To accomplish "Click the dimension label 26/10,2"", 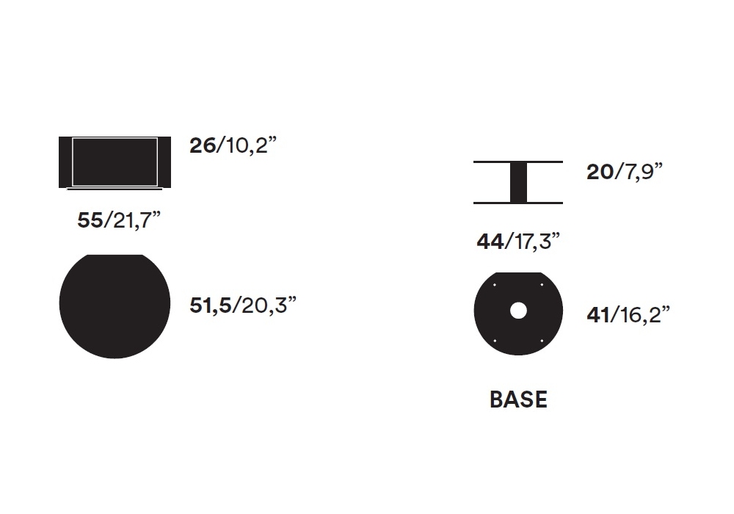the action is (x=233, y=145).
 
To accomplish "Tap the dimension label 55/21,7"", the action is (x=119, y=220).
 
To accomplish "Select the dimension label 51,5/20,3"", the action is (x=243, y=305).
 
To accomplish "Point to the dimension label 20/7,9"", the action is (x=625, y=171).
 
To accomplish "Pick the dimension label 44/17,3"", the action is (x=518, y=242).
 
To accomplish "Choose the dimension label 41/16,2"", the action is (x=628, y=314).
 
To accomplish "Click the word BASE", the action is (x=518, y=399).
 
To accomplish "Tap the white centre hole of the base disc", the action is (x=518, y=311).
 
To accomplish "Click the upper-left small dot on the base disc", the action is (x=495, y=285).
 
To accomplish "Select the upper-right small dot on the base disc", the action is (x=542, y=285).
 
